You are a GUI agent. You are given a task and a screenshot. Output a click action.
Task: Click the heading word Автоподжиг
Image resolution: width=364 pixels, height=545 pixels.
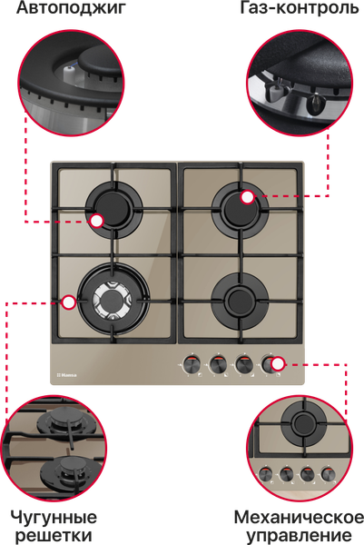71,8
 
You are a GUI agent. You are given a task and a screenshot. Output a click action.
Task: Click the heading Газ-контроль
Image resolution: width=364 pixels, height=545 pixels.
300,7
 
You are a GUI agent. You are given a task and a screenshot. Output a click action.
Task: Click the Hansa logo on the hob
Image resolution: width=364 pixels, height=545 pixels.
66,375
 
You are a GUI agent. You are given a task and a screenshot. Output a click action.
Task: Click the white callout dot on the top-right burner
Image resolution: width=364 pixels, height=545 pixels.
247,197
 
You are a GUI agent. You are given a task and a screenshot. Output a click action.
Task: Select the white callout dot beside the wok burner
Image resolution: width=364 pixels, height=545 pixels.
69,302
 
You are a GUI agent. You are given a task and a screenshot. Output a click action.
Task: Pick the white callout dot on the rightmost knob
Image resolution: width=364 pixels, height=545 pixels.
278,364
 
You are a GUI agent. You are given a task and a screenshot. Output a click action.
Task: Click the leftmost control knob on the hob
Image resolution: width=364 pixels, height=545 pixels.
191,364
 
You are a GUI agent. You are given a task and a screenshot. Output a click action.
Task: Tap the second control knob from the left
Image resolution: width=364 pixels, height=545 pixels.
218,364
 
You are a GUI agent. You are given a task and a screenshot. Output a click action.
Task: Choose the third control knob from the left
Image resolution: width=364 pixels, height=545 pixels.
244,364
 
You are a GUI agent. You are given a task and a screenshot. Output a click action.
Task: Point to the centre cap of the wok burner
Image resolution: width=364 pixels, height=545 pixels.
112,300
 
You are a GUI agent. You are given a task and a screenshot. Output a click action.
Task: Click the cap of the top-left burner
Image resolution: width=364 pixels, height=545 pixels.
113,206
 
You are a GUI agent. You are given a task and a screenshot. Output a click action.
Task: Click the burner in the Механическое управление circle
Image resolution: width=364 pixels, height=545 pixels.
303,422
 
